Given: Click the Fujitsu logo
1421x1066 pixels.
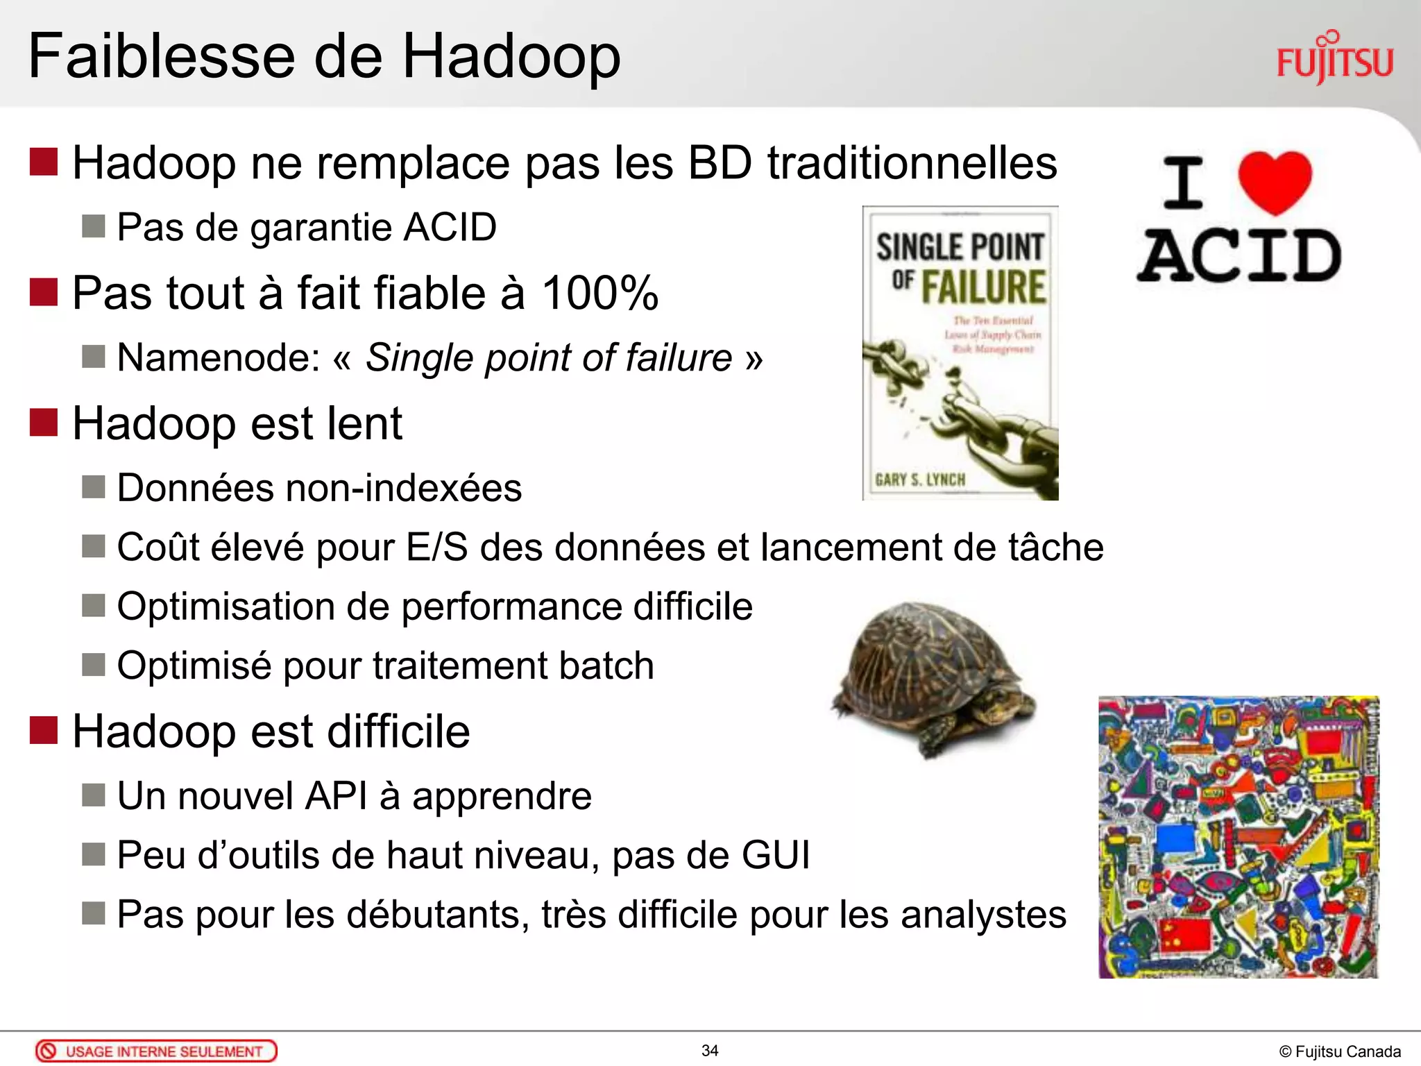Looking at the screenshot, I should click(1334, 60).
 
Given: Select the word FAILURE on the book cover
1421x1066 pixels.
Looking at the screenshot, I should click(983, 287).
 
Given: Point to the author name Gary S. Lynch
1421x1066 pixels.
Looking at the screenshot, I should click(920, 480).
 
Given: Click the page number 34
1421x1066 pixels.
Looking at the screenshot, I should click(710, 1051).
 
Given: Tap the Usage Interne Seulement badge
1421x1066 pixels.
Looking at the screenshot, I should click(156, 1051).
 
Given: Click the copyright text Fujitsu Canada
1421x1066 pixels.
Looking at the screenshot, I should click(1340, 1052).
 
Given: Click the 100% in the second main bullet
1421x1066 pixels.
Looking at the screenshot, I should click(599, 293).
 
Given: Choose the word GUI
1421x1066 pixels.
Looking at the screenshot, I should click(775, 855).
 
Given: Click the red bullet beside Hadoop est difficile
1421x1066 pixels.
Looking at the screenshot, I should click(43, 731).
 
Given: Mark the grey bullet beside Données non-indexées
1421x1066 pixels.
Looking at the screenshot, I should click(93, 487).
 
